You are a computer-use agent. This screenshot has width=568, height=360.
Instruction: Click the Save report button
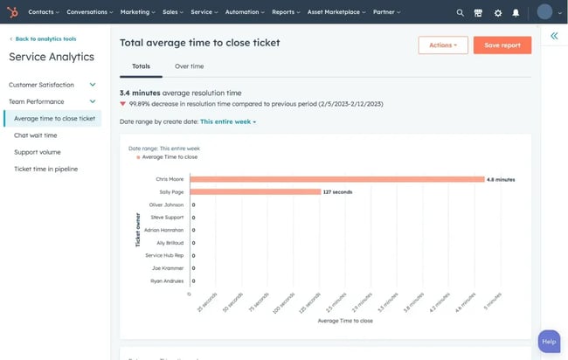pos(502,45)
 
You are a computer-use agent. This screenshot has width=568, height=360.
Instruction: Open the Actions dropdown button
pos(443,45)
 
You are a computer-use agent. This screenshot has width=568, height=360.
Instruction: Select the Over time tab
pos(190,66)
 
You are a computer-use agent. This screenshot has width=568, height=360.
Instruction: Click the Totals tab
pos(141,66)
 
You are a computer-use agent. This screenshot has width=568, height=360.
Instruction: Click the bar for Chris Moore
pos(336,179)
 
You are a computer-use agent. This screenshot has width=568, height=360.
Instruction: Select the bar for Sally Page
pos(254,191)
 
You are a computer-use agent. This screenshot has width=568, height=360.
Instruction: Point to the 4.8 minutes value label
pos(501,179)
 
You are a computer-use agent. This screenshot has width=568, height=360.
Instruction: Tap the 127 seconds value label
pos(336,191)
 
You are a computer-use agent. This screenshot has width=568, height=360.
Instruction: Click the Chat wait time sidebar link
pos(36,135)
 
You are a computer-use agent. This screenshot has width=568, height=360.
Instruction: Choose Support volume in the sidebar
pos(38,152)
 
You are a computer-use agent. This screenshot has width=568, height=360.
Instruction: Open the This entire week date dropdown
pos(228,121)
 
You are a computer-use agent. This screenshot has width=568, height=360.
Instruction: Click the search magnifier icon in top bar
pos(461,13)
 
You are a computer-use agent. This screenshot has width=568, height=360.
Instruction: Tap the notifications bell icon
pos(516,13)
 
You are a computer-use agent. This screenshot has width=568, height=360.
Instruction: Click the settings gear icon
pos(497,13)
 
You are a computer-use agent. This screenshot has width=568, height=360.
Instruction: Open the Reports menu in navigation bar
pos(285,12)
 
